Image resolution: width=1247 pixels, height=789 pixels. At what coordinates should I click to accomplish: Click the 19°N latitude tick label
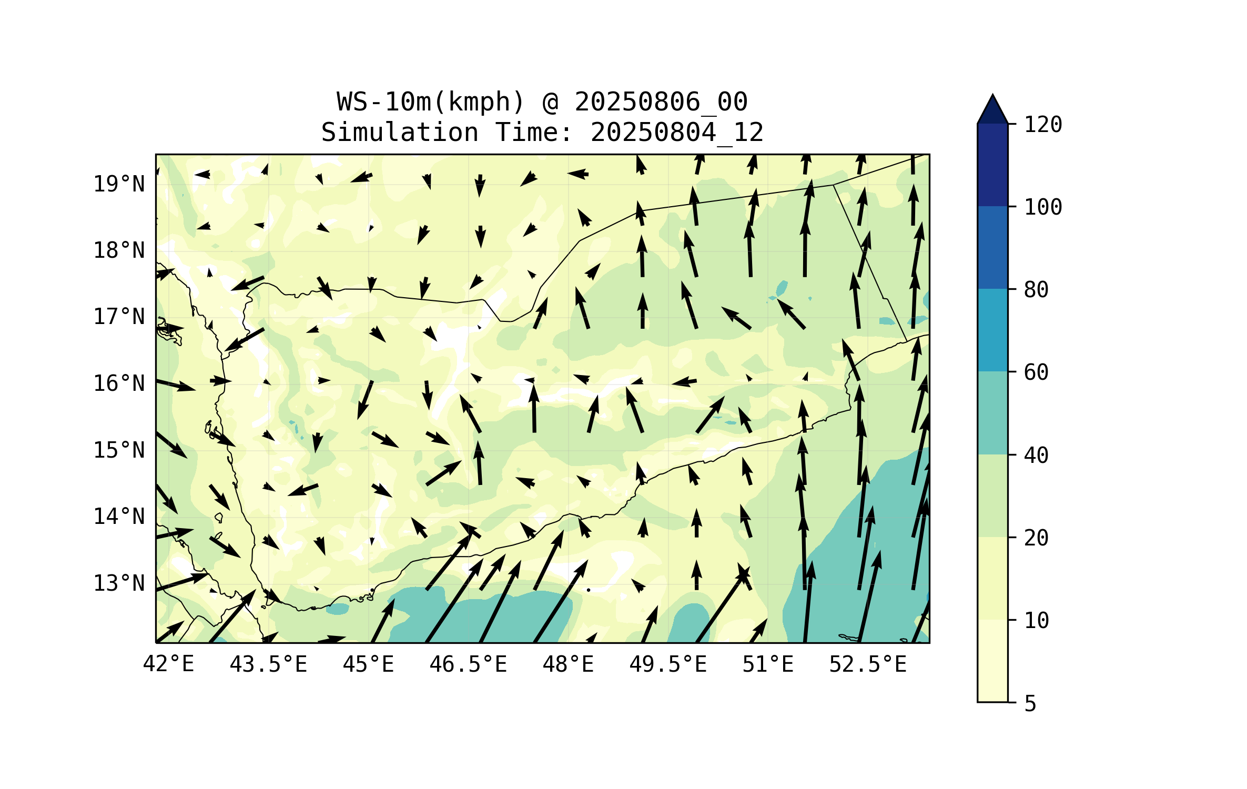pos(119,184)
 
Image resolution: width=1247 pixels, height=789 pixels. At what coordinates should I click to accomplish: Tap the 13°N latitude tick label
pos(119,583)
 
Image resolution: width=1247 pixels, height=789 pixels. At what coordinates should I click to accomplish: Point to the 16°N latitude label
pos(119,383)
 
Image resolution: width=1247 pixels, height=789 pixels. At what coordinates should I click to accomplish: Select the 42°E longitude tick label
pos(168,664)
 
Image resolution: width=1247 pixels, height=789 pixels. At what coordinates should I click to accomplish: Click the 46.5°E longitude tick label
pos(468,664)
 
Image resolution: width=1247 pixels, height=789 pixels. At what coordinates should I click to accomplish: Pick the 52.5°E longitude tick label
pos(868,664)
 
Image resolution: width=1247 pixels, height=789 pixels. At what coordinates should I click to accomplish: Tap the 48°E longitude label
pos(568,664)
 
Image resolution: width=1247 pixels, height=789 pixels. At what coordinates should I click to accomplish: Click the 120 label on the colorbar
pos(1043,125)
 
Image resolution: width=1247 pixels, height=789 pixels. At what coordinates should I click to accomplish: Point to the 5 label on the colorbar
pos(1030,704)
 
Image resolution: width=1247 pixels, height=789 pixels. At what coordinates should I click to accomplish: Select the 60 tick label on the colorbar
pos(1036,372)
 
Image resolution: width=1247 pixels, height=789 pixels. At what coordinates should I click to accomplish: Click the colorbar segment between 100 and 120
pos(992,165)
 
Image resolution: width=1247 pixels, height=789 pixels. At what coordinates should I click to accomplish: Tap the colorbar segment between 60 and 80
pos(992,330)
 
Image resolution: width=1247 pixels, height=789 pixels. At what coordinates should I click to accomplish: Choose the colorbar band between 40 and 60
pos(992,413)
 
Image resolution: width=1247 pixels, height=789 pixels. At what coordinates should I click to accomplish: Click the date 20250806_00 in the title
pos(661,102)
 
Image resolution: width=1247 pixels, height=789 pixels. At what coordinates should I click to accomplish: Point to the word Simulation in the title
pos(400,132)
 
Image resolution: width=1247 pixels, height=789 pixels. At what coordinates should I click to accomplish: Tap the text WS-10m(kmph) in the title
pos(431,102)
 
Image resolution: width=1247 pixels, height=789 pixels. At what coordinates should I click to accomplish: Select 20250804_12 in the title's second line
pos(677,132)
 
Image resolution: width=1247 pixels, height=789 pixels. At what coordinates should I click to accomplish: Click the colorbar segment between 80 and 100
pos(992,247)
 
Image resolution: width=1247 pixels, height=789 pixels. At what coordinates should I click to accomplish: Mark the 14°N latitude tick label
pos(119,517)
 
